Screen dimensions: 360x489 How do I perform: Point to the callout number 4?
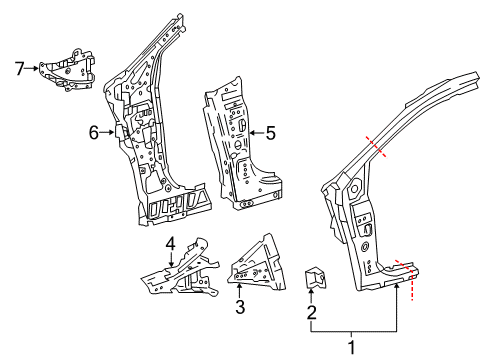coord(170,242)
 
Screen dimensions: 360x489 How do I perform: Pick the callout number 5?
coord(270,130)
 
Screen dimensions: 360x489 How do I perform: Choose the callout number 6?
coord(93,130)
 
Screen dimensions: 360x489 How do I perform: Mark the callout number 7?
coord(18,68)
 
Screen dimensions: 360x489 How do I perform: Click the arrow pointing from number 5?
coord(256,130)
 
